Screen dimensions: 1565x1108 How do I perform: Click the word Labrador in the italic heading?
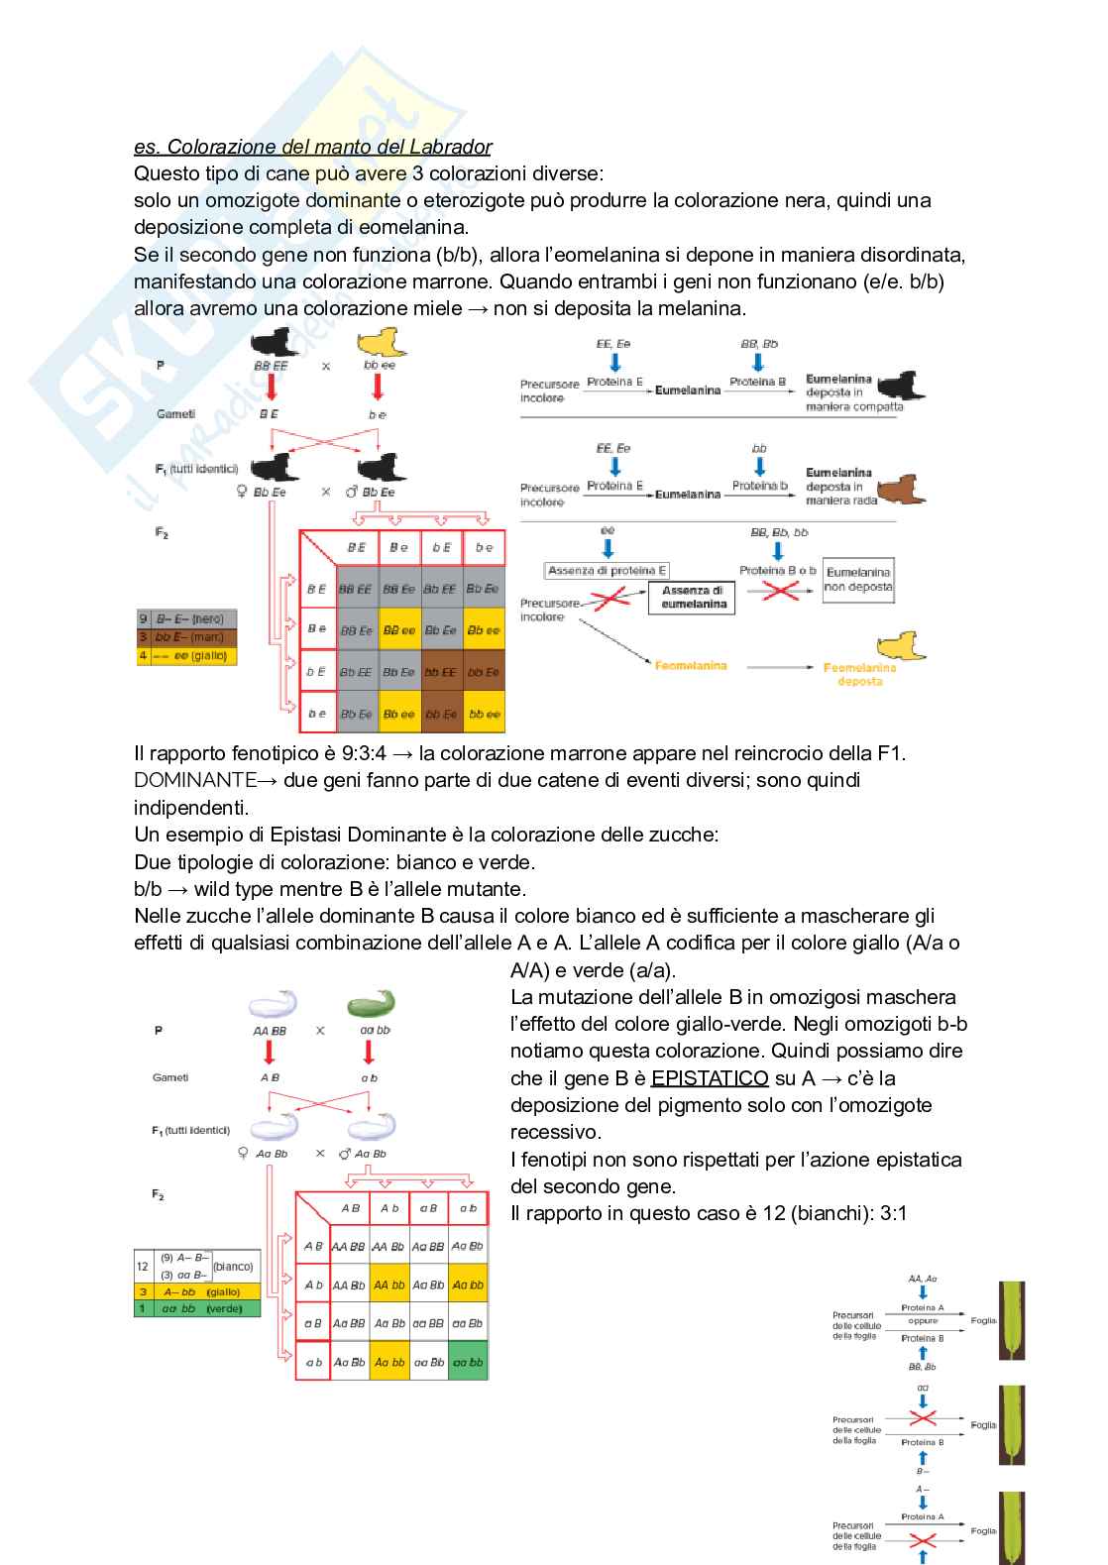[x=445, y=147]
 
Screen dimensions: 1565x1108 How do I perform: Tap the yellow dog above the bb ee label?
[x=381, y=345]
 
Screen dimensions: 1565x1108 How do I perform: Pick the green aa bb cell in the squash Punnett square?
[x=468, y=1362]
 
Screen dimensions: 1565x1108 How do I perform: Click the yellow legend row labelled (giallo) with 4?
[x=186, y=655]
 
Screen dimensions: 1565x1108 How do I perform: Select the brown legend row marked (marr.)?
[x=186, y=636]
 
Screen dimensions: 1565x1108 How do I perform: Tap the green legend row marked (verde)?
[x=196, y=1308]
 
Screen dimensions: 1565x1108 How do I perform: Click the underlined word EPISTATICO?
[x=710, y=1077]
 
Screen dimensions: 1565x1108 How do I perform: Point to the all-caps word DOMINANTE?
[x=195, y=780]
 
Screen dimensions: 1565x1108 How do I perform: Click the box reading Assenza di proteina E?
[x=608, y=570]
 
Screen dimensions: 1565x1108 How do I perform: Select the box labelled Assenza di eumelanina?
[x=693, y=598]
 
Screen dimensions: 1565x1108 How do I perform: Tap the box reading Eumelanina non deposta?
[x=858, y=580]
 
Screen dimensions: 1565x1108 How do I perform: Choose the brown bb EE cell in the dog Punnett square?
[x=442, y=672]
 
